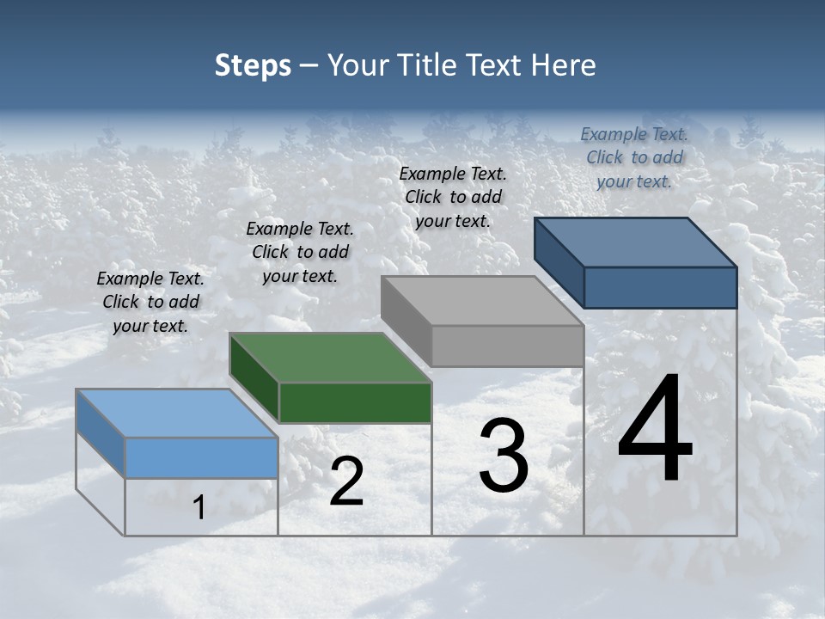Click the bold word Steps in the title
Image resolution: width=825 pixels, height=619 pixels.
pyautogui.click(x=253, y=65)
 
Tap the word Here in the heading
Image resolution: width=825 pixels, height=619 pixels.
pyautogui.click(x=564, y=65)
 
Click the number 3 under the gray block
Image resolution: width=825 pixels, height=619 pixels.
pyautogui.click(x=504, y=456)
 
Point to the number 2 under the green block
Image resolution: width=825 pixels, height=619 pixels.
pyautogui.click(x=346, y=481)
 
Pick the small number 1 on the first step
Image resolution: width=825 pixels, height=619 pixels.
pyautogui.click(x=199, y=507)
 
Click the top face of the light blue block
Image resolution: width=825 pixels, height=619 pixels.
pyautogui.click(x=176, y=413)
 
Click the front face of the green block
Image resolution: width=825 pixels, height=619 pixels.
pyautogui.click(x=355, y=403)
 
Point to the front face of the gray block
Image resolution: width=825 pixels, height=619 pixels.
pyautogui.click(x=508, y=346)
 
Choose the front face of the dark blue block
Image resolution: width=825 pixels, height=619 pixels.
pyautogui.click(x=660, y=287)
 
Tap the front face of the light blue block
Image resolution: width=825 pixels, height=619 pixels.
pyautogui.click(x=201, y=457)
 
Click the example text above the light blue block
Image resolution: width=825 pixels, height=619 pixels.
pyautogui.click(x=150, y=302)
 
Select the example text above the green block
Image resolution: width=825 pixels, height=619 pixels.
pyautogui.click(x=300, y=252)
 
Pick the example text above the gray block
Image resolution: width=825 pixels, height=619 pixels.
pyautogui.click(x=453, y=197)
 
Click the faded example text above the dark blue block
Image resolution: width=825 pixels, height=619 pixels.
pyautogui.click(x=634, y=157)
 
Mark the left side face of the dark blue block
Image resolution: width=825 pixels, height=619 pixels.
pyautogui.click(x=559, y=261)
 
